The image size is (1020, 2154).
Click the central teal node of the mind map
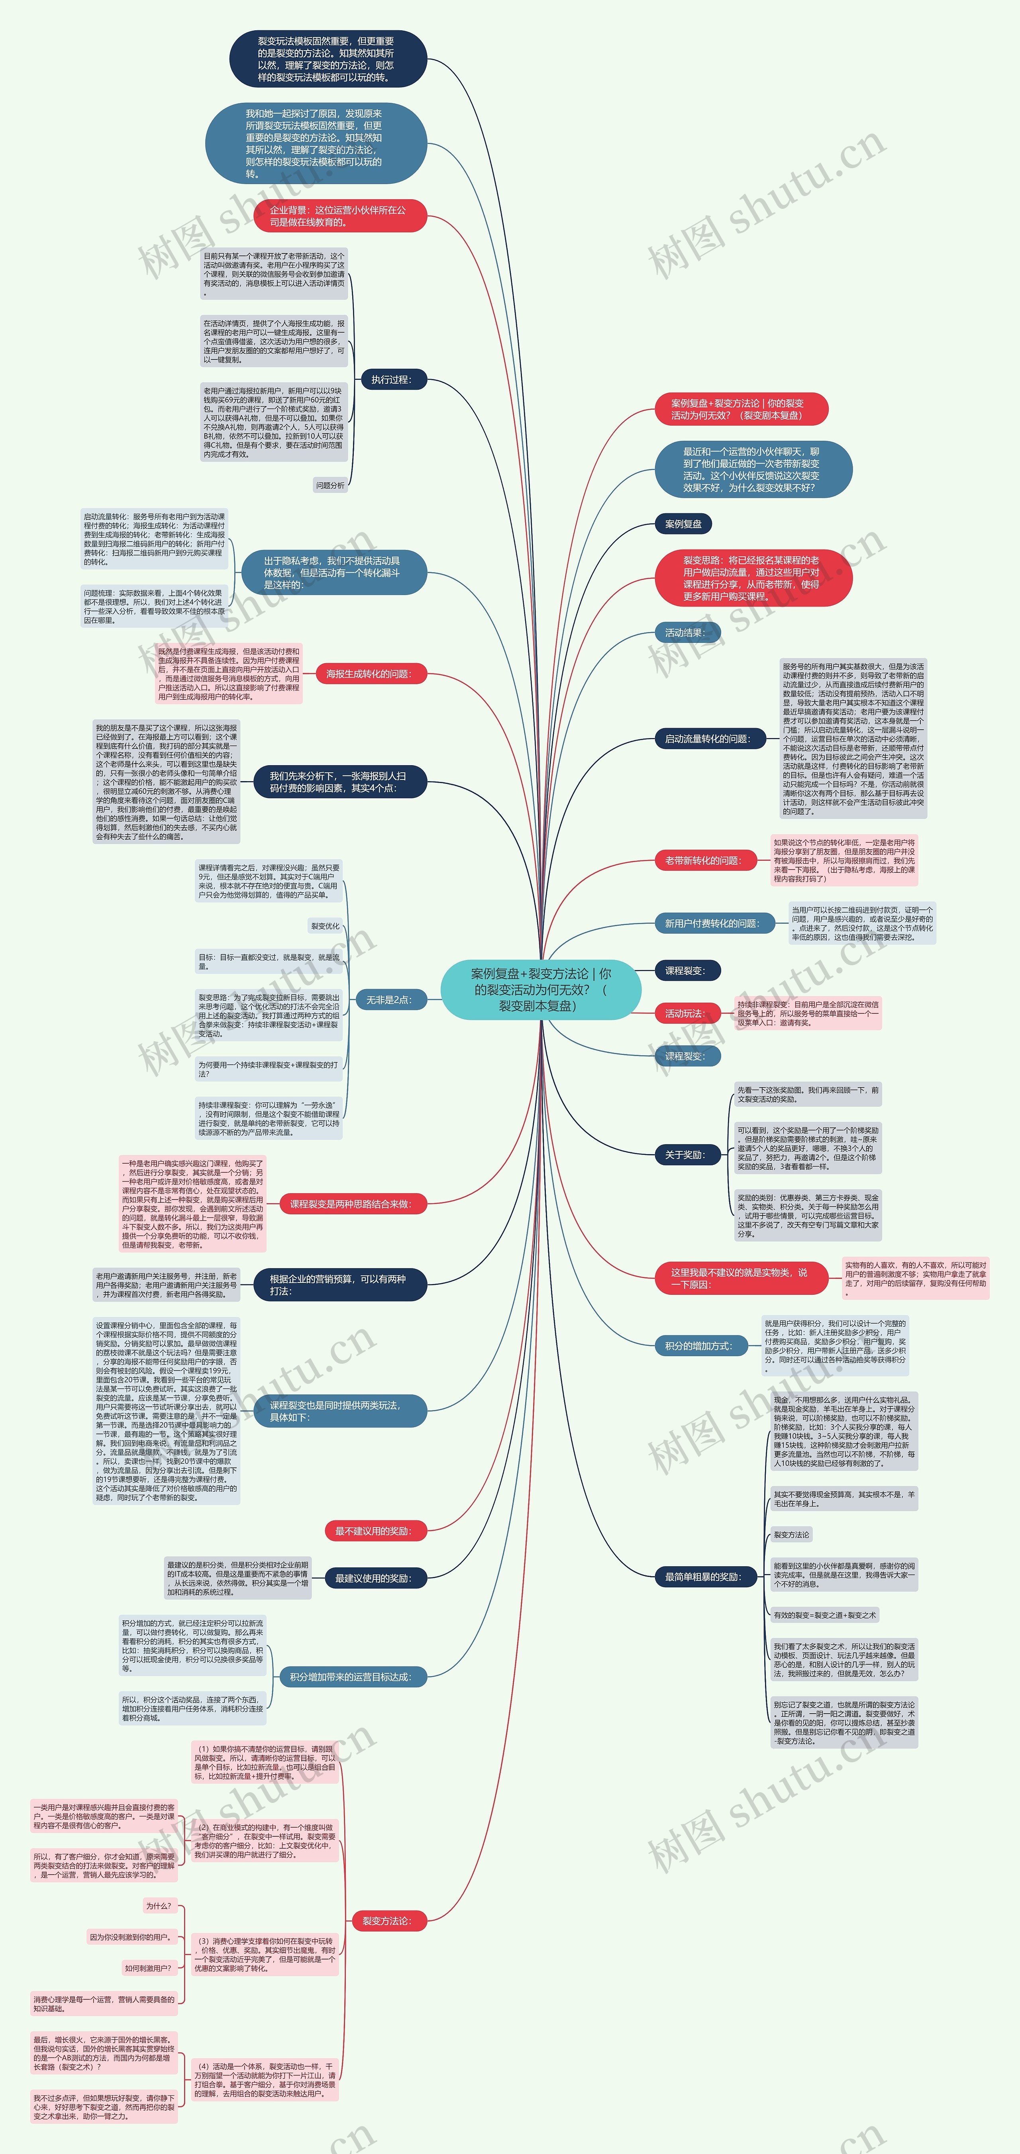(x=541, y=989)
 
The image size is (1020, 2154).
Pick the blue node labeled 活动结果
(x=684, y=633)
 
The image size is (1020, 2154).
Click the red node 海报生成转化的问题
(x=369, y=674)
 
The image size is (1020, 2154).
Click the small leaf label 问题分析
(x=330, y=485)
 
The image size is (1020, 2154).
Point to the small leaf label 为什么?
(x=159, y=1906)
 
